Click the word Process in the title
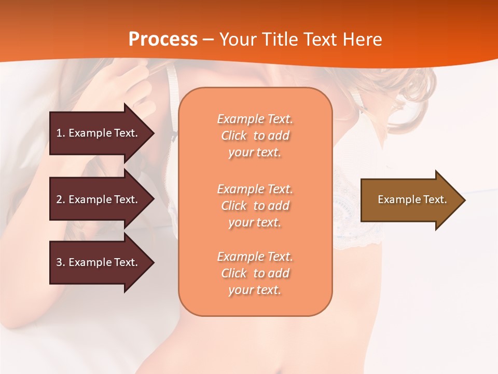click(163, 39)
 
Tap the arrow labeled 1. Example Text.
click(97, 133)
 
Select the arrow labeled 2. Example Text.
click(97, 199)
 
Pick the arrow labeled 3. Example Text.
click(97, 262)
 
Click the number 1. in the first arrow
click(61, 133)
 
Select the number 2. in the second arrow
click(61, 199)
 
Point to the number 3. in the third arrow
click(61, 262)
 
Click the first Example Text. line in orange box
click(255, 119)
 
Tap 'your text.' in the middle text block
click(255, 222)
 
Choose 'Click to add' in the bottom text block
click(255, 273)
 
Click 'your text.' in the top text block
click(255, 152)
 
